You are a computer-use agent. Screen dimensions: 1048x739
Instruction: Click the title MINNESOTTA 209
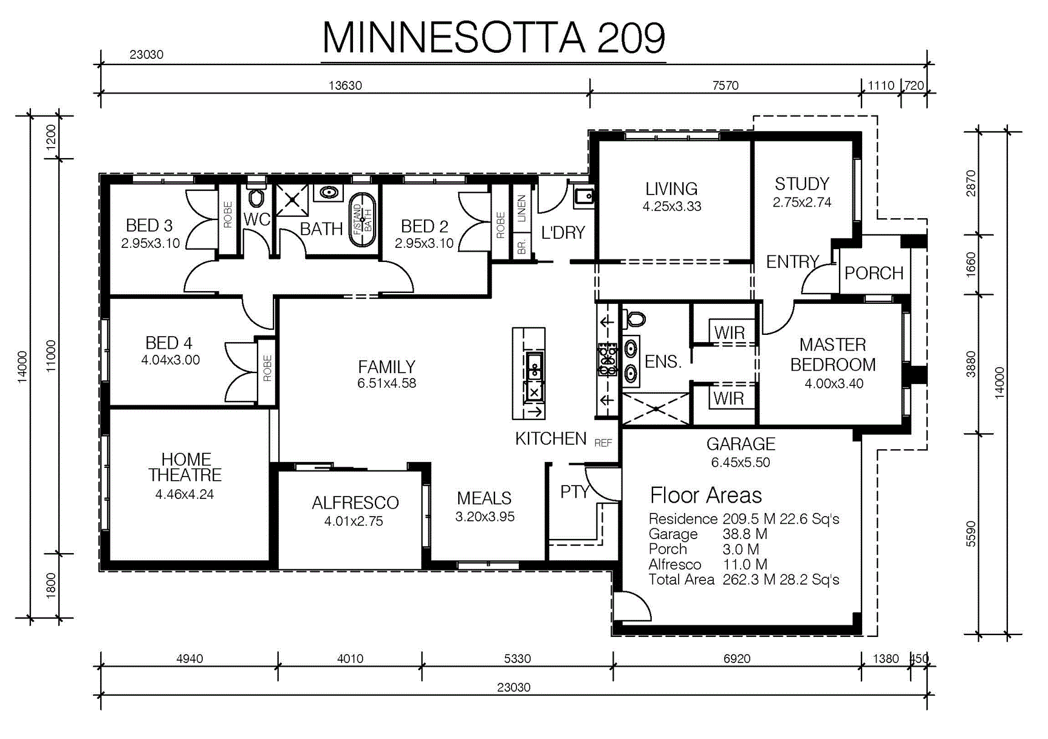493,38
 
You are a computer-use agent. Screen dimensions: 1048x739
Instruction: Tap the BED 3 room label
149,225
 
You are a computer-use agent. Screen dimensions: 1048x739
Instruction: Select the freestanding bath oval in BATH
362,219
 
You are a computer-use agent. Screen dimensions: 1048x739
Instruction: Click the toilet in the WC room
256,197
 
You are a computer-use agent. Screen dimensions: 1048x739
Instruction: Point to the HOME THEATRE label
185,467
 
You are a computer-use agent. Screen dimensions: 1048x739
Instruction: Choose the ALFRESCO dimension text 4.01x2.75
354,521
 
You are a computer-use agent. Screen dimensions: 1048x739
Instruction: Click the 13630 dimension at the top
345,86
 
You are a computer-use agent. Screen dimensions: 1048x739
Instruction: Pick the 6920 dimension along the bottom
737,659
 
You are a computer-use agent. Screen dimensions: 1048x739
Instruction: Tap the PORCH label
874,273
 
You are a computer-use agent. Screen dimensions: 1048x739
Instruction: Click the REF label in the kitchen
603,443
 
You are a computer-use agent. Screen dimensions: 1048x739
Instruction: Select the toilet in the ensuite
635,318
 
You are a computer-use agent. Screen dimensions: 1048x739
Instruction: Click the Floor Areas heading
706,495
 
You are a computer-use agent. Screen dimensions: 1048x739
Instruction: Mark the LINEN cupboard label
521,208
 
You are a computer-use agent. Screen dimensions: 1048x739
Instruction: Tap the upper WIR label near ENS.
729,333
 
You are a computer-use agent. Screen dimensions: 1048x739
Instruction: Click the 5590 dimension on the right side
971,534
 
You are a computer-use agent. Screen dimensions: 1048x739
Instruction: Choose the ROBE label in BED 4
267,368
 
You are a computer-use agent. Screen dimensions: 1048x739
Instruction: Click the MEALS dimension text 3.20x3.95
485,517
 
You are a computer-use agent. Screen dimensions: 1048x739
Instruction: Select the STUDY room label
802,184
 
